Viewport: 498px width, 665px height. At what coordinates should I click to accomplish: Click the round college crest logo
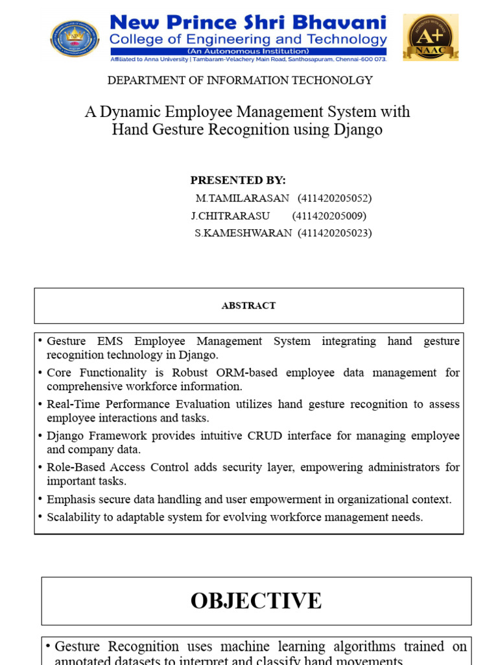pos(75,38)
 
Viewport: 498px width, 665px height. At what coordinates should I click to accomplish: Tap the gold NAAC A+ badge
pos(430,38)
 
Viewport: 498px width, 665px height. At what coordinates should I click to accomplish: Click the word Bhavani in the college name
pos(344,23)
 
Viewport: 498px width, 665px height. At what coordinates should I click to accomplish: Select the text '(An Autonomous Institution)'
pos(248,51)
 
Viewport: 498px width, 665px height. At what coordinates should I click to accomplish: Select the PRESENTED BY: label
pos(238,181)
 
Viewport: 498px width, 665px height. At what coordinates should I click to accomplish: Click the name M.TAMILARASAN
pos(243,198)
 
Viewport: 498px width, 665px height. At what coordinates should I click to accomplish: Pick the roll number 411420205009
pos(329,216)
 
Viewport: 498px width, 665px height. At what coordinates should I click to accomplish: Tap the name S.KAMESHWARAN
pos(243,233)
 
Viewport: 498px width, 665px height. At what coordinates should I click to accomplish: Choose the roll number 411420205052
pos(335,198)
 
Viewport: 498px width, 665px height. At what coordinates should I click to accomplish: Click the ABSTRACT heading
pos(248,306)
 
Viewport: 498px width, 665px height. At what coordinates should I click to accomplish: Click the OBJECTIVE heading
pos(256,601)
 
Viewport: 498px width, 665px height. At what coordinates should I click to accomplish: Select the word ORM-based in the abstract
pos(250,373)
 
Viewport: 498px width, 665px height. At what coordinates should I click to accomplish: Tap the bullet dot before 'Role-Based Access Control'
pos(40,468)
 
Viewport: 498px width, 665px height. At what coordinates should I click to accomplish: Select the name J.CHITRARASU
pos(230,216)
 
